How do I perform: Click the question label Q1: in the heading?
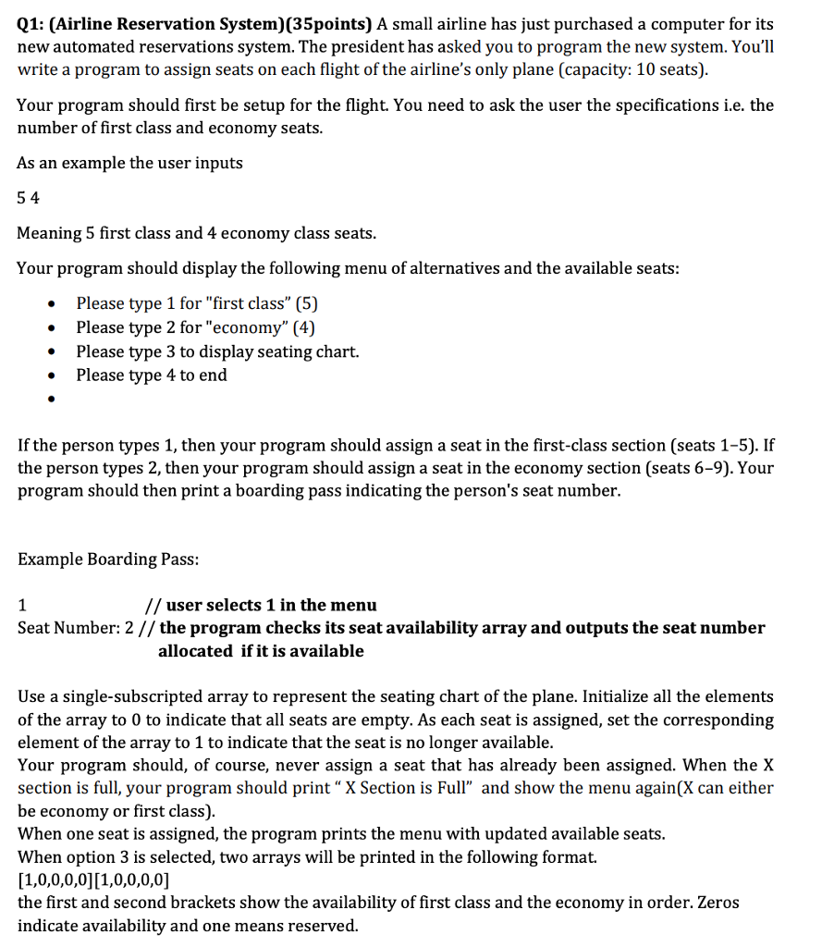coord(33,24)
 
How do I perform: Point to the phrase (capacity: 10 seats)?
coord(632,70)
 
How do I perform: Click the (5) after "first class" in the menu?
coord(305,303)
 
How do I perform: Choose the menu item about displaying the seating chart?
coord(217,351)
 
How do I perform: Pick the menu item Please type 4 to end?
coord(151,375)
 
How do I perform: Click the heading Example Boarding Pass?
coord(108,560)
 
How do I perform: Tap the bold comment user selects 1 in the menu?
coord(271,606)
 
